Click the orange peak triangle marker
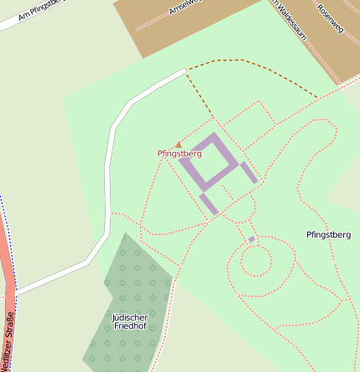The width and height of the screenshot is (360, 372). pos(178,144)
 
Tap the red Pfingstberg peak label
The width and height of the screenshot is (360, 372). pos(180,154)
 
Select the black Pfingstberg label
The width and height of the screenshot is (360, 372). pos(328,234)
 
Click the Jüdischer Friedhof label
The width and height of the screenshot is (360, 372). pos(129,321)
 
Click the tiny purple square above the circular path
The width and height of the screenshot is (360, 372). pos(251,240)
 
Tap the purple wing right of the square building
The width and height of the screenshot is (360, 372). pos(249,172)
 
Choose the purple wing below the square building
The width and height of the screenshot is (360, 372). pos(208,203)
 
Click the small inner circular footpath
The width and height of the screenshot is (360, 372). pos(256,261)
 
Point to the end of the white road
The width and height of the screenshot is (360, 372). pos(182,72)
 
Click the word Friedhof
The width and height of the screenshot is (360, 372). pos(129,326)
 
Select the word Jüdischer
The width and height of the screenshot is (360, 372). pos(129,317)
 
